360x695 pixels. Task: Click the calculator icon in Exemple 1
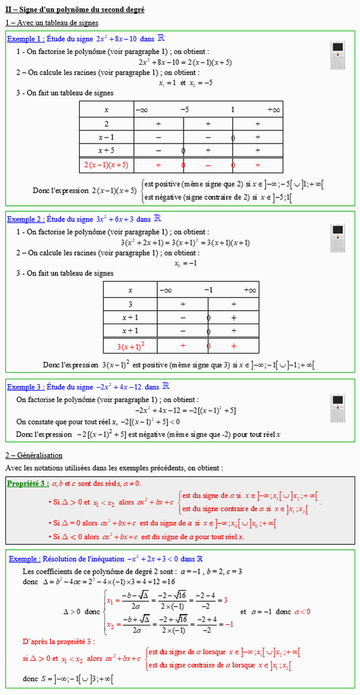(338, 55)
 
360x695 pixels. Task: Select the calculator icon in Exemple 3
(338, 408)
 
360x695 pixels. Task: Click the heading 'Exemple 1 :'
(26, 38)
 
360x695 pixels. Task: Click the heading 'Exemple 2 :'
(26, 219)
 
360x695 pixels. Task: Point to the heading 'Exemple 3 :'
(26, 387)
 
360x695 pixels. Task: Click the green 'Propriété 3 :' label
(28, 484)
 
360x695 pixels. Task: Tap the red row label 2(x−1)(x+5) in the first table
(106, 164)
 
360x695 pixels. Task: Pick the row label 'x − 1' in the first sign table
(106, 137)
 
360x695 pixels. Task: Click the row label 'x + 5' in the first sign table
(106, 151)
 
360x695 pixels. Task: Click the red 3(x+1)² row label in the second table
(130, 346)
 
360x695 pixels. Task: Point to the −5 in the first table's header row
(184, 110)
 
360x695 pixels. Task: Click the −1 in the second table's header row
(208, 290)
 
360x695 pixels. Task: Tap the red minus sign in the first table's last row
(208, 164)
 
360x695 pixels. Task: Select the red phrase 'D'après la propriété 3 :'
(59, 641)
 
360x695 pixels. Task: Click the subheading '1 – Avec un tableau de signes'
(46, 22)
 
